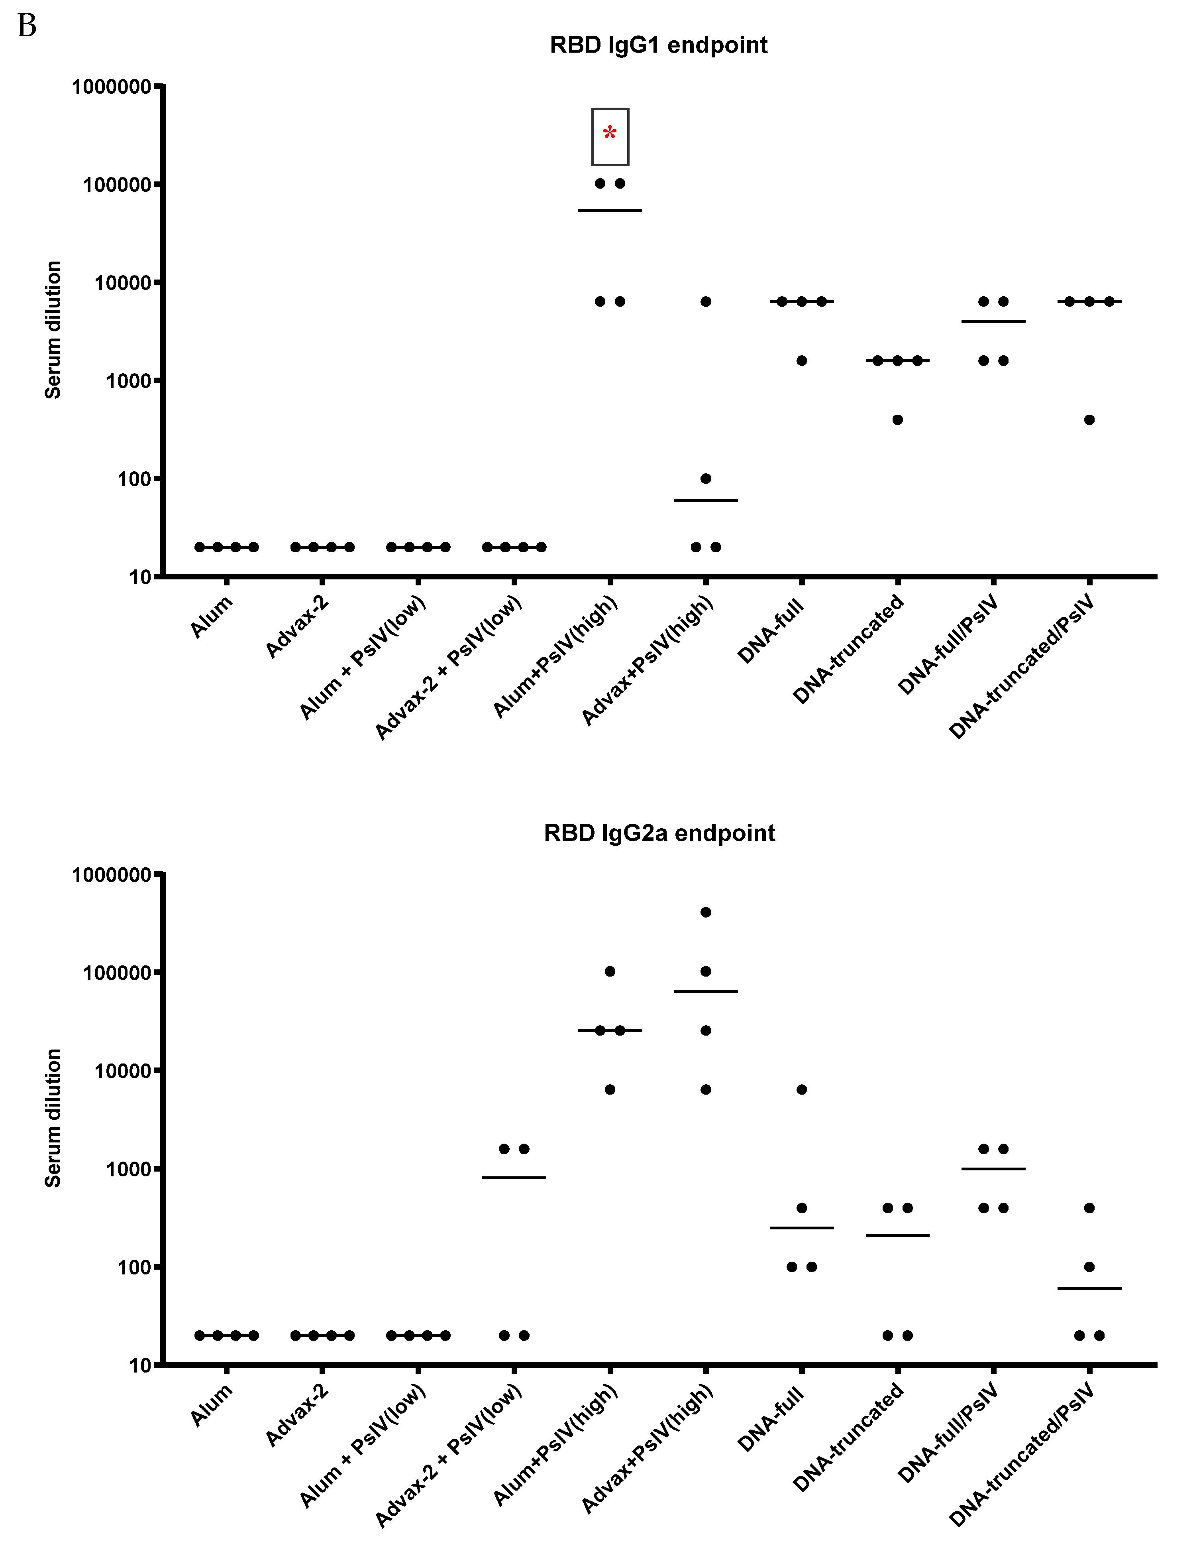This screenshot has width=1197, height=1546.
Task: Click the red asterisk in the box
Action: pos(610,133)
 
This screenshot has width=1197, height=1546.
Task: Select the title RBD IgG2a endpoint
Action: pos(659,833)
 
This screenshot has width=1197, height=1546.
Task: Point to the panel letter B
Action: pos(27,27)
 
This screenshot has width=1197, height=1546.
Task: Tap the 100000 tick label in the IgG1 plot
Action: pos(118,185)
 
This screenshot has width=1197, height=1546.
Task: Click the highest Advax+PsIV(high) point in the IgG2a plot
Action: pos(705,912)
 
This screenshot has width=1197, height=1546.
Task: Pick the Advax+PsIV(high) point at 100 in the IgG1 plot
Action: pos(705,479)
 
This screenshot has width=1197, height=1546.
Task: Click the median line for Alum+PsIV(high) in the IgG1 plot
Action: pos(610,210)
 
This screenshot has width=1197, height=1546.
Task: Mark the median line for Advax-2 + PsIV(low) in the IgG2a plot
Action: pos(514,1178)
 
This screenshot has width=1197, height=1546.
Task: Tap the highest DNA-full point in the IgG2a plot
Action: pos(802,1089)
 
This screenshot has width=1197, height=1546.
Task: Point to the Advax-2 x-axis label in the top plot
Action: pos(297,627)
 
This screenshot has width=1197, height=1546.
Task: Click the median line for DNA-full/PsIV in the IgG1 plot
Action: pos(993,321)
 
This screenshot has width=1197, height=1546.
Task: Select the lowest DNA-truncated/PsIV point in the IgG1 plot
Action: pos(1089,420)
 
